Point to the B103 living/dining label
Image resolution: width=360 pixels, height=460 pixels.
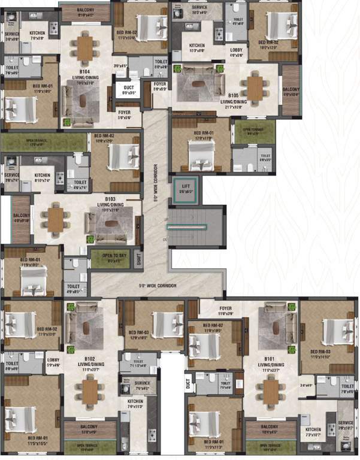110,202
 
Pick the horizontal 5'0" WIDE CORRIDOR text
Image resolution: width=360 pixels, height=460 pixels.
158,286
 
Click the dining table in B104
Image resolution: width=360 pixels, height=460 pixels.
84,47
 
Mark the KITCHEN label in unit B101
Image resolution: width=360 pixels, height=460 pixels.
313,432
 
